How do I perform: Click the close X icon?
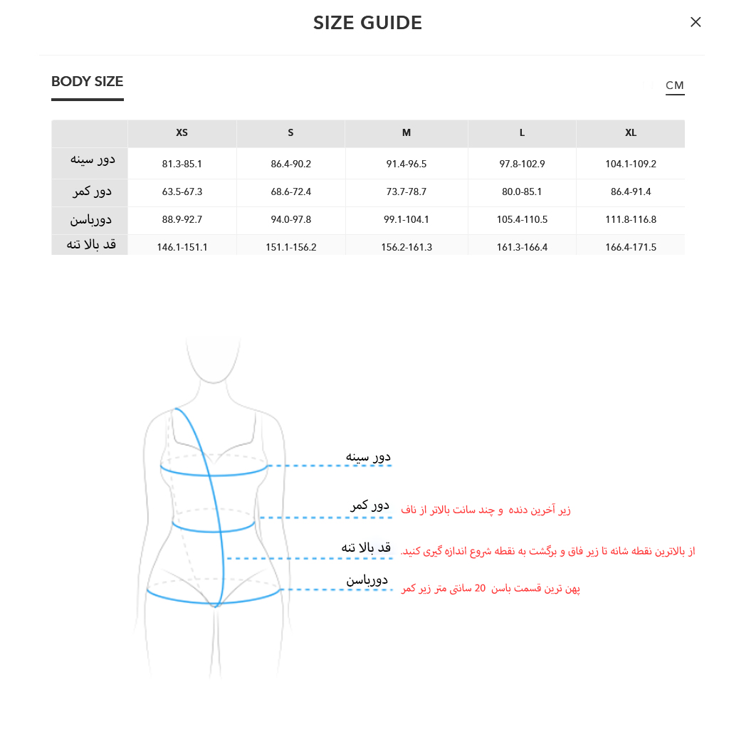coord(696,22)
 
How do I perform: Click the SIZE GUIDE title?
coord(367,23)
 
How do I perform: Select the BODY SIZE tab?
coord(88,81)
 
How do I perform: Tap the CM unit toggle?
coord(675,85)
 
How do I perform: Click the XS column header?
coord(182,133)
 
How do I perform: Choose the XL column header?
coord(631,133)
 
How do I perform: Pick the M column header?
coord(407,133)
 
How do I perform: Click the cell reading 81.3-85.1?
coord(182,164)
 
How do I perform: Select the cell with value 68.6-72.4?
coord(290,192)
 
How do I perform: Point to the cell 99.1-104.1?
coord(407,220)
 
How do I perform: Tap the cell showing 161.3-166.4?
coord(522,247)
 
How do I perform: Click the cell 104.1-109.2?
coord(631,164)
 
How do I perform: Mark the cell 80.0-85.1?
coord(522,192)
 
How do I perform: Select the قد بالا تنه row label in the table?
coord(91,244)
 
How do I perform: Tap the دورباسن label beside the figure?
coord(367,580)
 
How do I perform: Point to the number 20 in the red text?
coord(480,589)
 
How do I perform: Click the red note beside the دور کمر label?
coord(486,510)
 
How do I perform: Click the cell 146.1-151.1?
coord(182,247)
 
